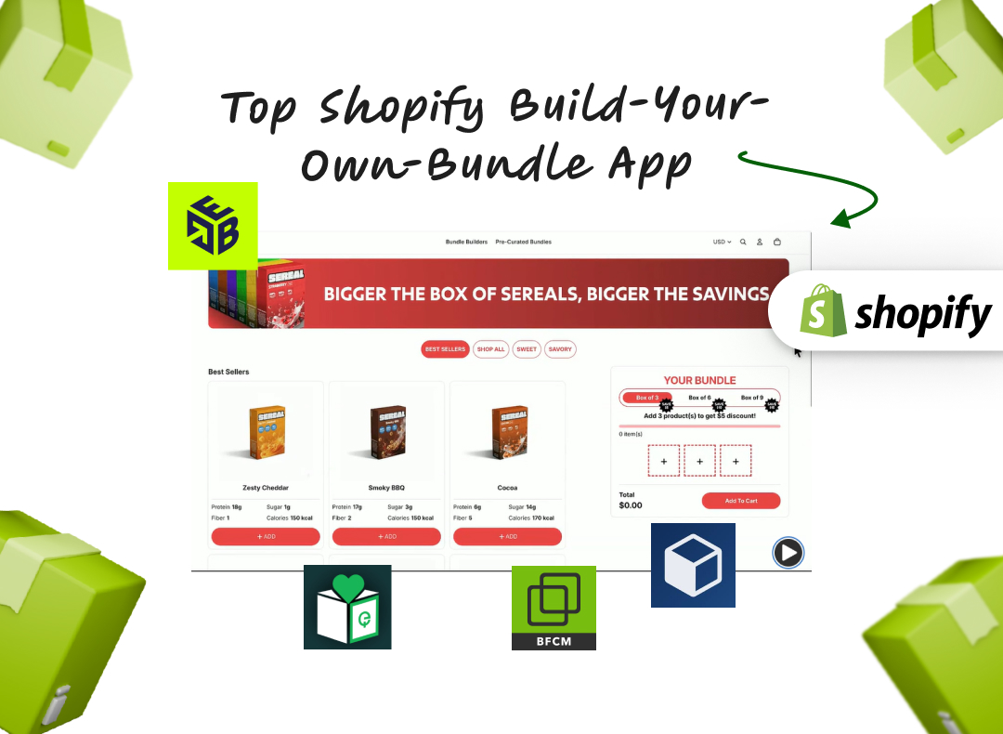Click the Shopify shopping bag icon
coord(823,310)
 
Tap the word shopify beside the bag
coord(922,314)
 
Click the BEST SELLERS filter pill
coord(445,349)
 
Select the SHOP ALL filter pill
coord(490,349)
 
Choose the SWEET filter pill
coord(527,349)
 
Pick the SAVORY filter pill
coord(560,349)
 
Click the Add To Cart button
coord(741,501)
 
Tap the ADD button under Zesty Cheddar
coord(266,536)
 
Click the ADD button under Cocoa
coord(507,536)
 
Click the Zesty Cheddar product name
coord(266,488)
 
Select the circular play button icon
coord(788,554)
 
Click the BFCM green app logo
coord(554,608)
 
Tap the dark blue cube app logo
coord(693,565)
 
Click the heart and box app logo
coord(347,607)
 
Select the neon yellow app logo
coord(213,226)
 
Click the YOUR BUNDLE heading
coord(699,380)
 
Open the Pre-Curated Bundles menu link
coord(523,242)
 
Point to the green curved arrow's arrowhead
coord(840,221)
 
